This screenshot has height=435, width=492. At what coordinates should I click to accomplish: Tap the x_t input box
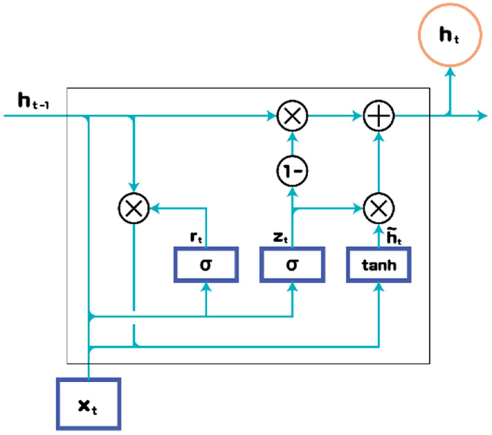[x=89, y=404]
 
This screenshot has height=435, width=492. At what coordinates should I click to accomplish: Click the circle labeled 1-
[x=292, y=171]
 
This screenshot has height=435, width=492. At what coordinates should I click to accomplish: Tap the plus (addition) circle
[x=379, y=116]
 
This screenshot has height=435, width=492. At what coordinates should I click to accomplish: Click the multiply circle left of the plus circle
[x=292, y=116]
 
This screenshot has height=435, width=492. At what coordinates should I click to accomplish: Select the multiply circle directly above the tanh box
[x=379, y=208]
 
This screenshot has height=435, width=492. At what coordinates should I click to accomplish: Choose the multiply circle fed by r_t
[x=134, y=208]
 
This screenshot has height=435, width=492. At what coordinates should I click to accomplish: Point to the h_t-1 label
[x=33, y=101]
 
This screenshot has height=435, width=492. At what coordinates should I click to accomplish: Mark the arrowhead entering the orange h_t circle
[x=450, y=71]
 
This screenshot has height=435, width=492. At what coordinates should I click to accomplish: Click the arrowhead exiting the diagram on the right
[x=482, y=116]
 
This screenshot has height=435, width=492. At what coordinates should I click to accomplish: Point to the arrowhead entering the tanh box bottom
[x=379, y=287]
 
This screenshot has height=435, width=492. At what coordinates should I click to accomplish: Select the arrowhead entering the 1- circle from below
[x=292, y=191]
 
